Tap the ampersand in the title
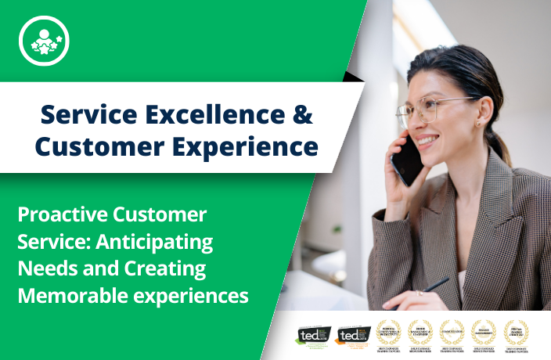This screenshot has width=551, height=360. [302, 114]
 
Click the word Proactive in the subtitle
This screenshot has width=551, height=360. [62, 214]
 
